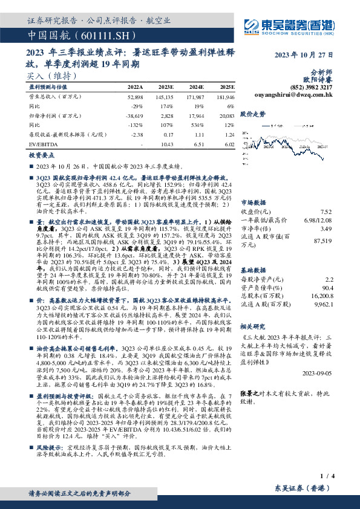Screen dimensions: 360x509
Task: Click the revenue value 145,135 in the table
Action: pyautogui.click(x=165, y=97)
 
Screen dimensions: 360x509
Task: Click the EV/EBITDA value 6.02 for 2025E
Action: pyautogui.click(x=229, y=144)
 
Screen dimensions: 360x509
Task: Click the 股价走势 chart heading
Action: pyautogui.click(x=253, y=113)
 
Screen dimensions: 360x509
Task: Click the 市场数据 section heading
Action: pyautogui.click(x=255, y=203)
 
